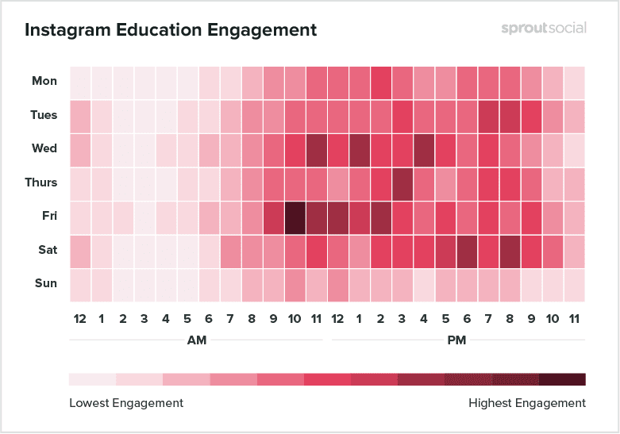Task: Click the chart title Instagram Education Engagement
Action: (171, 30)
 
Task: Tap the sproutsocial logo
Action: (544, 28)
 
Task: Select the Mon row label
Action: (44, 81)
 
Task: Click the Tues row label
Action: (44, 115)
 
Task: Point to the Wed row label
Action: (44, 148)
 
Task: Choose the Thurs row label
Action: (41, 182)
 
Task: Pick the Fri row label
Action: (48, 216)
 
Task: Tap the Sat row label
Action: (47, 250)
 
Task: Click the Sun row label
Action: (46, 283)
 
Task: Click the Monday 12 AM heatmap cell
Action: (80, 82)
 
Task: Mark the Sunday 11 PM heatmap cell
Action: (575, 284)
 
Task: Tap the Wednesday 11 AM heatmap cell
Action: (317, 149)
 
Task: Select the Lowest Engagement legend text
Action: (126, 403)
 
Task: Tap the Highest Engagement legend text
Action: (527, 403)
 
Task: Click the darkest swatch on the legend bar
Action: (562, 378)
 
